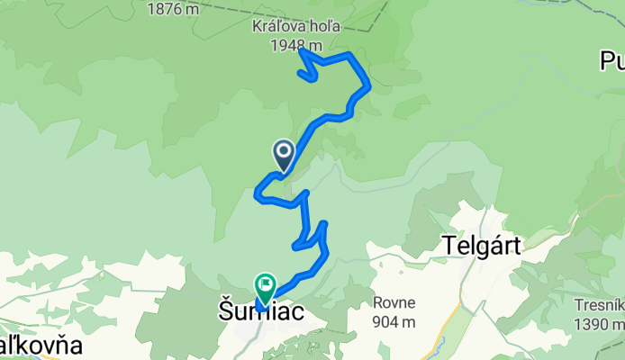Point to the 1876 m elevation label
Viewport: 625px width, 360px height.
pos(175,8)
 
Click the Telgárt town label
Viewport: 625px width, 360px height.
pos(482,245)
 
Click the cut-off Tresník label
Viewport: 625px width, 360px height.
pos(600,305)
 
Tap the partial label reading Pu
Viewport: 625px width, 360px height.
pos(612,61)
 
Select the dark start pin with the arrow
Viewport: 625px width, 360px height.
pos(284,155)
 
